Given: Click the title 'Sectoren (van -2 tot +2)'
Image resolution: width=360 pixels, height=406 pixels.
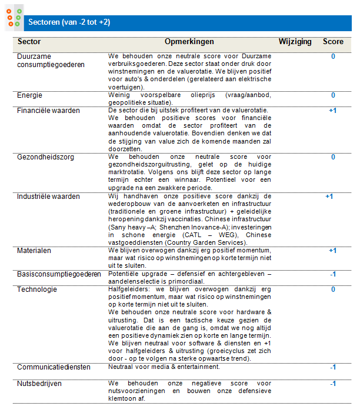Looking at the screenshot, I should click(69, 22).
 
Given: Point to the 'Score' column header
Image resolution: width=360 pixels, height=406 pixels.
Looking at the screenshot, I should click(333, 42).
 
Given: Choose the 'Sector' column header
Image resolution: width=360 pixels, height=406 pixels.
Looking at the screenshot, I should click(29, 42).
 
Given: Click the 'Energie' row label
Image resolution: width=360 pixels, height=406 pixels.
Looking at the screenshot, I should click(29, 95).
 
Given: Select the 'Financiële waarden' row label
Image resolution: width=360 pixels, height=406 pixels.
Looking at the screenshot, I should click(49, 111).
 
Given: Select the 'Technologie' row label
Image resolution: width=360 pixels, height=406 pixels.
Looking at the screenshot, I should click(37, 289).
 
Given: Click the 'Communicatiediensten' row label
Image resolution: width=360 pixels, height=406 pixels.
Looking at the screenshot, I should click(54, 367).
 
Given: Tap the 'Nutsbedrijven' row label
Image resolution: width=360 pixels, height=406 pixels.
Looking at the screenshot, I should click(39, 384).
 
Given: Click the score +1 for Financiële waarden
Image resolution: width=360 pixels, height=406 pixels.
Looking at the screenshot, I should click(332, 111).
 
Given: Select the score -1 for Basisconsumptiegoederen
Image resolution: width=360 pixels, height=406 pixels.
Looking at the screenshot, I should click(332, 274).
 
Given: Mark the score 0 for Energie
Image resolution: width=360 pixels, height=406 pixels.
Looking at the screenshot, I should click(333, 95).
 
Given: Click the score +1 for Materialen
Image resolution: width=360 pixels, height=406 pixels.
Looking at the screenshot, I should click(332, 251).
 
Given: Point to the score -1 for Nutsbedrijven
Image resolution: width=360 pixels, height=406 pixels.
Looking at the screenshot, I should click(332, 384).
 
